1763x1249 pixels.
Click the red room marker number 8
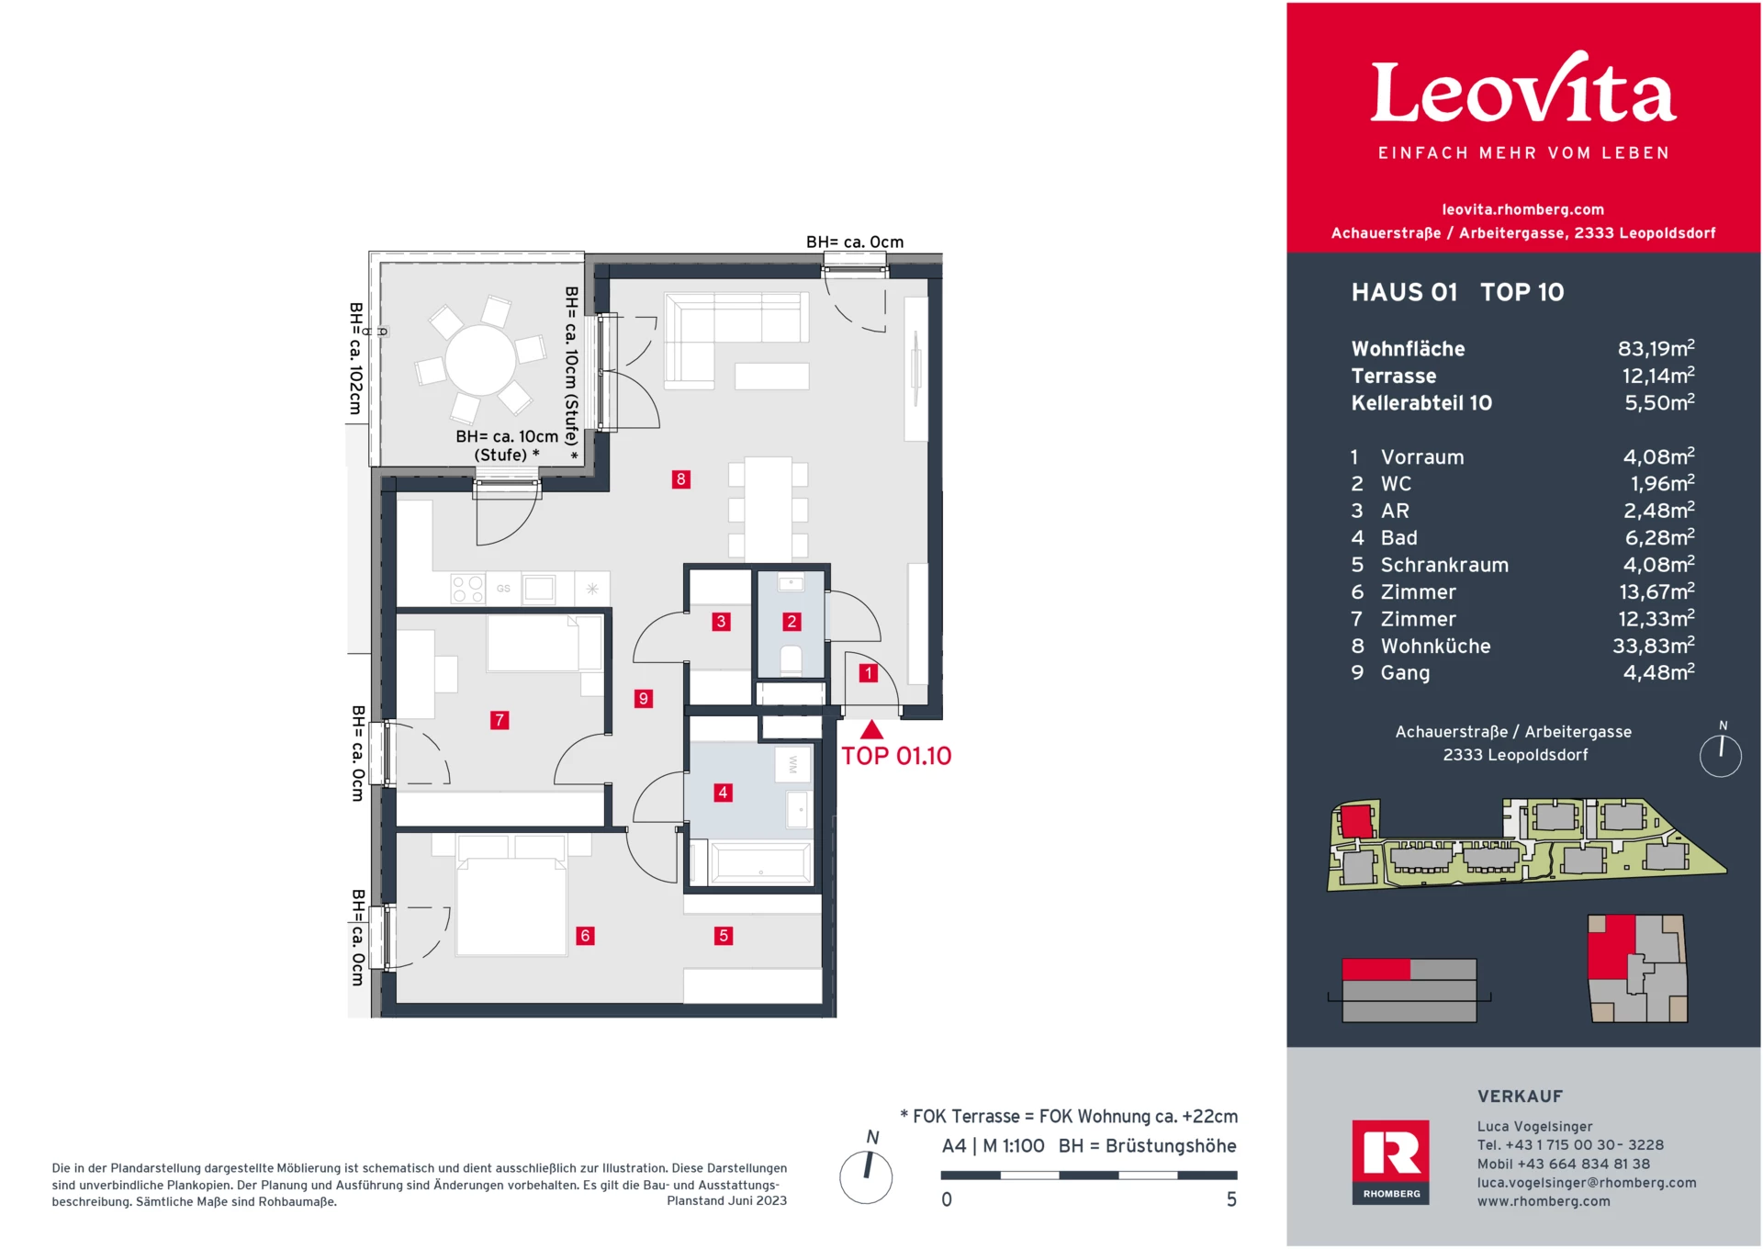680,478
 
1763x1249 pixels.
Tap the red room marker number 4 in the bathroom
724,792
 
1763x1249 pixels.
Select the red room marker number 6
585,935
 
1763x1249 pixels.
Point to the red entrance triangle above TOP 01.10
871,731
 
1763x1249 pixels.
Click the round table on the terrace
480,359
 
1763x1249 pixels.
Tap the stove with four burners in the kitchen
467,589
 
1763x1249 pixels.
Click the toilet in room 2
791,660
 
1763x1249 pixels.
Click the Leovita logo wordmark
1522,92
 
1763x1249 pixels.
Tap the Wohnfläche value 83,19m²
1656,349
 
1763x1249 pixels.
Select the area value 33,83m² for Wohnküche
1653,646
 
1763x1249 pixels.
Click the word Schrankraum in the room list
1444,565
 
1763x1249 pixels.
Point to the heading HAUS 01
1404,292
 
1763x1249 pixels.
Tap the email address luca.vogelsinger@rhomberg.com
1586,1183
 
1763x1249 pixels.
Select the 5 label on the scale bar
1231,1199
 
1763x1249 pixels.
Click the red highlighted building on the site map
1356,819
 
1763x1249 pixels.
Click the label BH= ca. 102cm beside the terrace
356,358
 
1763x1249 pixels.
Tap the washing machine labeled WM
793,764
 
